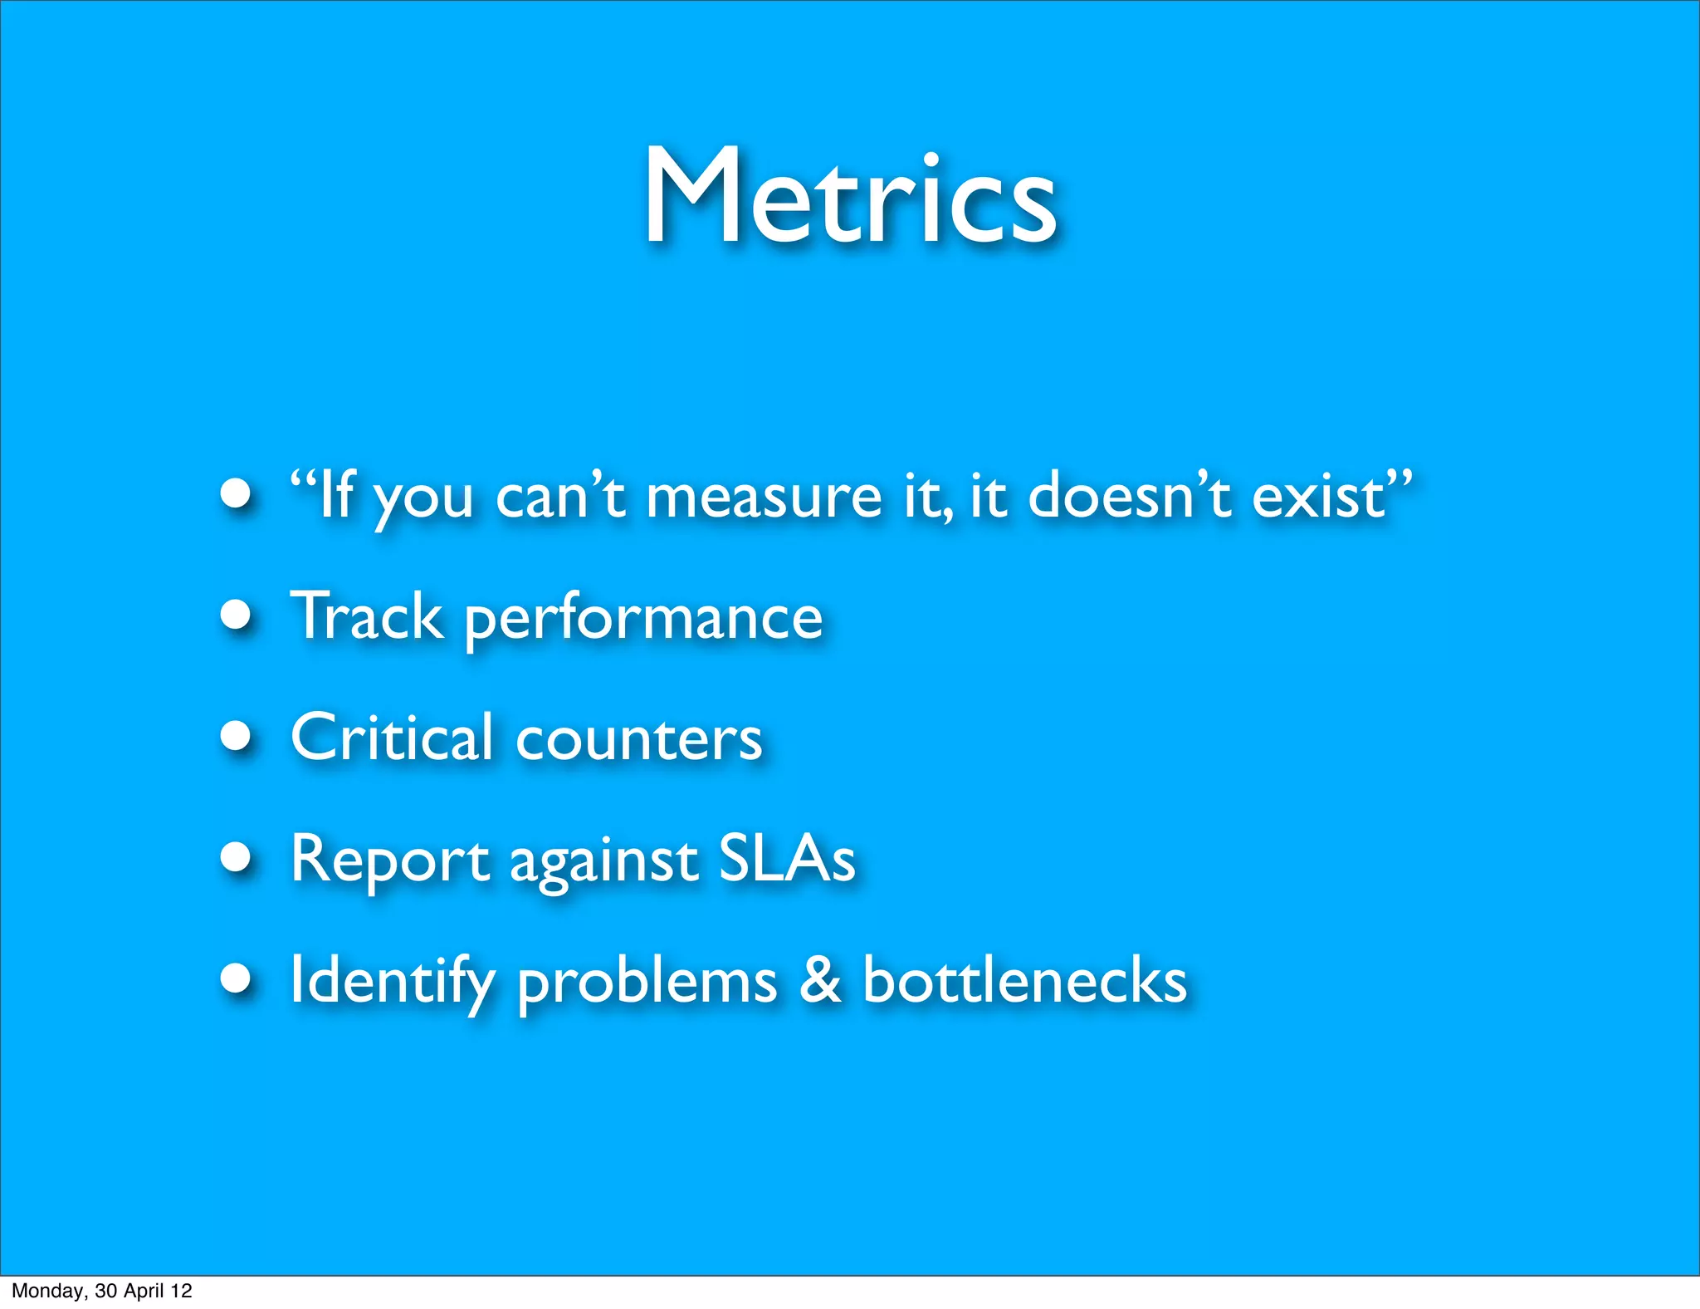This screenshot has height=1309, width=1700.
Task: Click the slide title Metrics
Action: coord(850,198)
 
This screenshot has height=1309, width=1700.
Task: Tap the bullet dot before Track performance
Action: coord(237,615)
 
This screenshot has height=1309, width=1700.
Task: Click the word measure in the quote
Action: coord(764,497)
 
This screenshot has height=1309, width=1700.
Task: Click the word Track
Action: coord(367,616)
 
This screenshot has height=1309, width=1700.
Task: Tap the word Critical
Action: coord(392,738)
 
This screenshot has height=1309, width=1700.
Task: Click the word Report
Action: coord(389,860)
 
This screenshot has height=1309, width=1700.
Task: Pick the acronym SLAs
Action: coord(786,859)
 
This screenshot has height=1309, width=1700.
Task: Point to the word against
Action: coord(603,864)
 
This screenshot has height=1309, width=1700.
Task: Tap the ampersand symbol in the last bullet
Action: coord(820,980)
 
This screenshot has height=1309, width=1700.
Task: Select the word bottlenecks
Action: coord(1024,980)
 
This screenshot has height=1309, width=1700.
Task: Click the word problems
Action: coord(647,983)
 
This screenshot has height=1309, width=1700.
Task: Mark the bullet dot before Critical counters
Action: coord(237,736)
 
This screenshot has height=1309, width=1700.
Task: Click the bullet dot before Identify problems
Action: coord(237,978)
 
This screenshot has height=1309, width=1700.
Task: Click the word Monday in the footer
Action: coord(46,1291)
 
